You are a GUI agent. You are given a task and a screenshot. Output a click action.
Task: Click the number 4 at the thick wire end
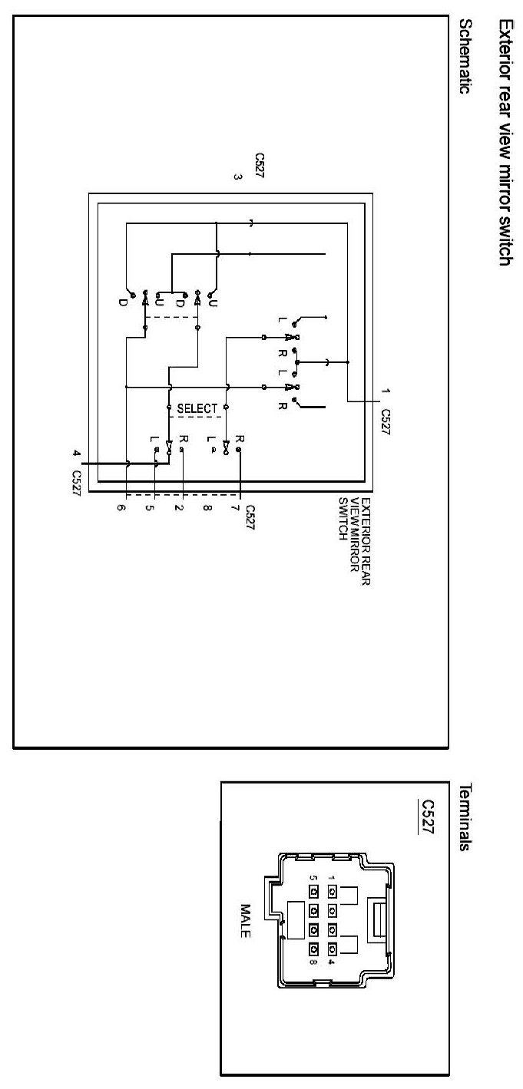pos(77,454)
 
